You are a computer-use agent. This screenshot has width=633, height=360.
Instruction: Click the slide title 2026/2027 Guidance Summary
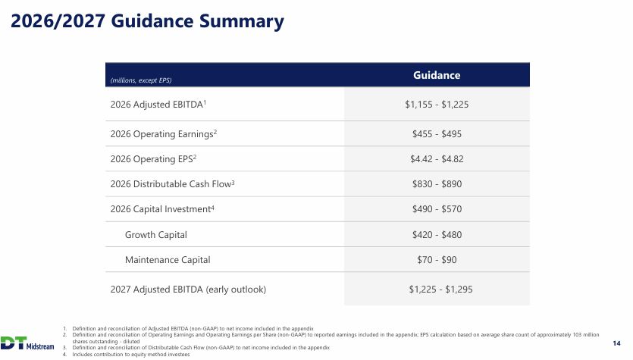[147, 22]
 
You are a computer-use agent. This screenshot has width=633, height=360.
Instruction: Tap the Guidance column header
[437, 75]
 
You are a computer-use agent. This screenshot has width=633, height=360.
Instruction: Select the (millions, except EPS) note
[141, 80]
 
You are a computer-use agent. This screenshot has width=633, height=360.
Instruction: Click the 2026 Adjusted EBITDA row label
[158, 105]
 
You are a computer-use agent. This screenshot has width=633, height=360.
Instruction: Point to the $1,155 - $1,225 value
[437, 105]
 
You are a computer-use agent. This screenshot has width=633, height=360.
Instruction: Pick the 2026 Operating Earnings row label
[164, 134]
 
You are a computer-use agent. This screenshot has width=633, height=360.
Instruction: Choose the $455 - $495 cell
[437, 134]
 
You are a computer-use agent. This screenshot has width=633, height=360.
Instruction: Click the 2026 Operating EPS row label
[153, 159]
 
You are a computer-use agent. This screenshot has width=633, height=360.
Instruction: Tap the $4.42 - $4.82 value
[437, 159]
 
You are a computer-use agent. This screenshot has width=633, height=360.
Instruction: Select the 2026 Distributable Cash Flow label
[172, 184]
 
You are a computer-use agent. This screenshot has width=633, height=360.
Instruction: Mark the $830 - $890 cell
[437, 184]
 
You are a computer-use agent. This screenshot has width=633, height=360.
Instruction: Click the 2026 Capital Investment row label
[162, 209]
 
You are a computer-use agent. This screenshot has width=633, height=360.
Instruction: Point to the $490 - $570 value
[437, 209]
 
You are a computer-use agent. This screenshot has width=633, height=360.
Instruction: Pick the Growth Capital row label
[156, 235]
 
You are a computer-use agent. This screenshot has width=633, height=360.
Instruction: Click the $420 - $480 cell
[437, 235]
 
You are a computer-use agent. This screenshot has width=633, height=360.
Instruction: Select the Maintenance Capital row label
[168, 260]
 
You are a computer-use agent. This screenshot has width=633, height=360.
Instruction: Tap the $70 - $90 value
[437, 260]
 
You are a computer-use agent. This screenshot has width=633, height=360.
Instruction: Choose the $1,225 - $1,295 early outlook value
[440, 290]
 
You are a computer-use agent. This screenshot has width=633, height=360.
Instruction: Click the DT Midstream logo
[27, 343]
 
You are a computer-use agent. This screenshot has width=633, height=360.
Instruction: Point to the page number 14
[616, 343]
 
